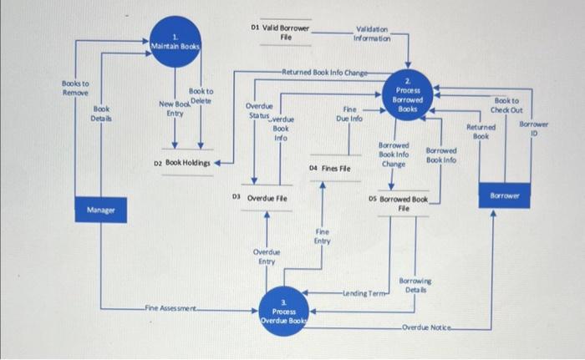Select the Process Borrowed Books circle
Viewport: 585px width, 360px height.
tap(409, 97)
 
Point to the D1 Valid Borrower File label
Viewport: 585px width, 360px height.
tap(280, 32)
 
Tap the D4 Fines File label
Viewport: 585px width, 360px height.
tap(329, 168)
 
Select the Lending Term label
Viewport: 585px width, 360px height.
tap(364, 294)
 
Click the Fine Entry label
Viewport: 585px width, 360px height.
tap(323, 236)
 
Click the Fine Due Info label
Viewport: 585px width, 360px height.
tap(349, 114)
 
